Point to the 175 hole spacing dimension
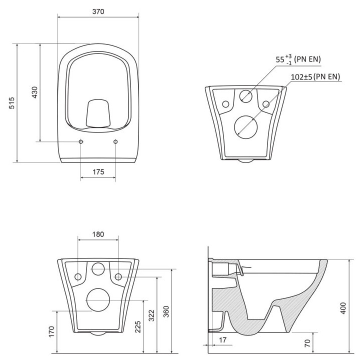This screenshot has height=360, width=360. pyautogui.click(x=98, y=172)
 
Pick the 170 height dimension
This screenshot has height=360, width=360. pyautogui.click(x=51, y=331)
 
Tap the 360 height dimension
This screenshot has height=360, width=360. pyautogui.click(x=166, y=310)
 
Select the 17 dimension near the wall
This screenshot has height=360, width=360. pyautogui.click(x=221, y=340)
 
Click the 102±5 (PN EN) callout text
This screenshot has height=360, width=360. pyautogui.click(x=315, y=76)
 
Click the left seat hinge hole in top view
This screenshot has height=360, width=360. pyautogui.click(x=81, y=142)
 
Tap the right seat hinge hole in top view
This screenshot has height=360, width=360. pyautogui.click(x=115, y=142)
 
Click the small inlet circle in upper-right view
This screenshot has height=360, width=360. pyautogui.click(x=245, y=97)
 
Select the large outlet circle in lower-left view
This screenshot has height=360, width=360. pyautogui.click(x=98, y=299)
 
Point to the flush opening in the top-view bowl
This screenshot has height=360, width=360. pyautogui.click(x=98, y=112)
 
